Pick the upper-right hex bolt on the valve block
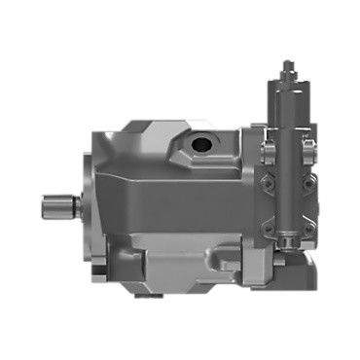308,147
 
